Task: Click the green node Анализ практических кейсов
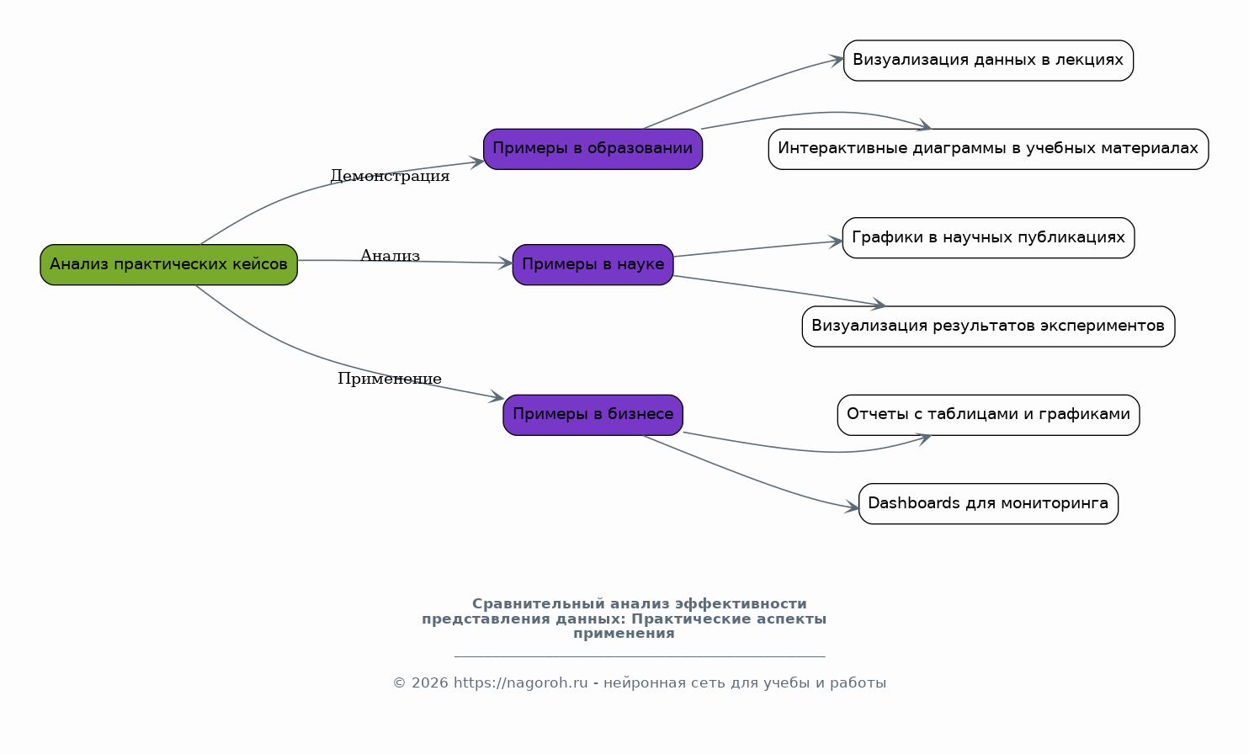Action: [168, 264]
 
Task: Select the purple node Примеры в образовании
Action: [593, 149]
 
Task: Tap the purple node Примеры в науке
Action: [593, 264]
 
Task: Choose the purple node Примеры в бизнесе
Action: [593, 415]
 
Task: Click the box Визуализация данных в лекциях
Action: [988, 61]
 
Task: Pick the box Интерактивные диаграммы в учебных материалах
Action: [988, 149]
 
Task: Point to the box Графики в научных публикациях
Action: [988, 237]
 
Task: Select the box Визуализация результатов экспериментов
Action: [988, 327]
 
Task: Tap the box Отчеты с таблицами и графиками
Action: [988, 415]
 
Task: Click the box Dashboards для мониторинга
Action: [988, 503]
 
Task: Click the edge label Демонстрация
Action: [390, 176]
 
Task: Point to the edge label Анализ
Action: [390, 256]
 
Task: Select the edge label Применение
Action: [389, 380]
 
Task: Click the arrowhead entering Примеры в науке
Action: [505, 263]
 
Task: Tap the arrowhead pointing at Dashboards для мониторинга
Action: [852, 507]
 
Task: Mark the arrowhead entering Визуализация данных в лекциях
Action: [837, 60]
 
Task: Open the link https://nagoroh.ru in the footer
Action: [520, 683]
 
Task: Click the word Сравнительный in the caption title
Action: [538, 604]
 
